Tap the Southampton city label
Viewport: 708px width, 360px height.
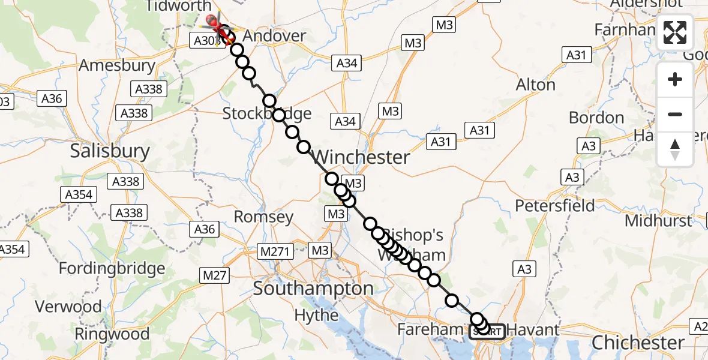[313, 289]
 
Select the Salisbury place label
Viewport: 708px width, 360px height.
[110, 151]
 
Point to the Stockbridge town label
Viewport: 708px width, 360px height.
[267, 113]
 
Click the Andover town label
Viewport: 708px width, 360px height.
[275, 36]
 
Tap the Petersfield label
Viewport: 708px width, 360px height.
[555, 206]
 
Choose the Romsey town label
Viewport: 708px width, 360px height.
[263, 217]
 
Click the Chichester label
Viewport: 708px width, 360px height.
[638, 343]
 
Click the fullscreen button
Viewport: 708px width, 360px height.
[675, 32]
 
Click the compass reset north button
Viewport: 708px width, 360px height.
[675, 149]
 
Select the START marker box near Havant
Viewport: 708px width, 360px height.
[487, 331]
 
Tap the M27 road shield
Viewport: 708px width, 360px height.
[214, 275]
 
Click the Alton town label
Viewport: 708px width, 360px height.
[536, 85]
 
